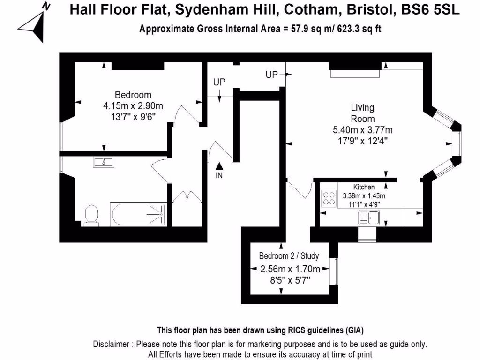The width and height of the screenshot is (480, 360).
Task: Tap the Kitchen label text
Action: point(364,187)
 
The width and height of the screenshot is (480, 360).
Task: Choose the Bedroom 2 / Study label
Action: point(289,256)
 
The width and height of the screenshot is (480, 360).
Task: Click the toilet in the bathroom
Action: point(91,215)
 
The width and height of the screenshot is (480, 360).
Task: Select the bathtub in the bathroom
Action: point(139,214)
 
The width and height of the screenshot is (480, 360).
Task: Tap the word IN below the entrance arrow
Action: point(219,176)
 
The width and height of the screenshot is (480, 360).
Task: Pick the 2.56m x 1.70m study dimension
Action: point(290,269)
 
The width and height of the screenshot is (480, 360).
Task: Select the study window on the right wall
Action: point(335,271)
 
